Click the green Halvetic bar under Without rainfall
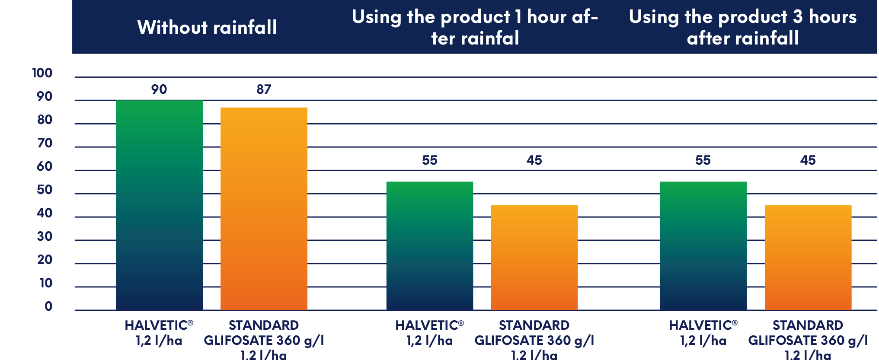tap(159, 205)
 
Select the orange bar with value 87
tap(264, 209)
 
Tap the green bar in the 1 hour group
tap(429, 246)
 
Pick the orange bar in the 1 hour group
tap(534, 258)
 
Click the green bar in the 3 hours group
tap(703, 246)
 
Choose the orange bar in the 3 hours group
tap(808, 258)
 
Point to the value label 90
tap(159, 89)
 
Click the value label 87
tap(264, 89)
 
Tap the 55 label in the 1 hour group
tap(429, 160)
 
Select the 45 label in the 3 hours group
tap(808, 160)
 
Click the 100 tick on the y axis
tap(42, 73)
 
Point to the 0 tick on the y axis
tap(48, 306)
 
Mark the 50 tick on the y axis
tap(45, 190)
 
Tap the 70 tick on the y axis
tap(45, 143)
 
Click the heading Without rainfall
tap(207, 27)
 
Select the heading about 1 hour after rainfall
tap(475, 27)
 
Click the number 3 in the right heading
tap(798, 17)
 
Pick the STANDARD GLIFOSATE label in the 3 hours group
tap(808, 340)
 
